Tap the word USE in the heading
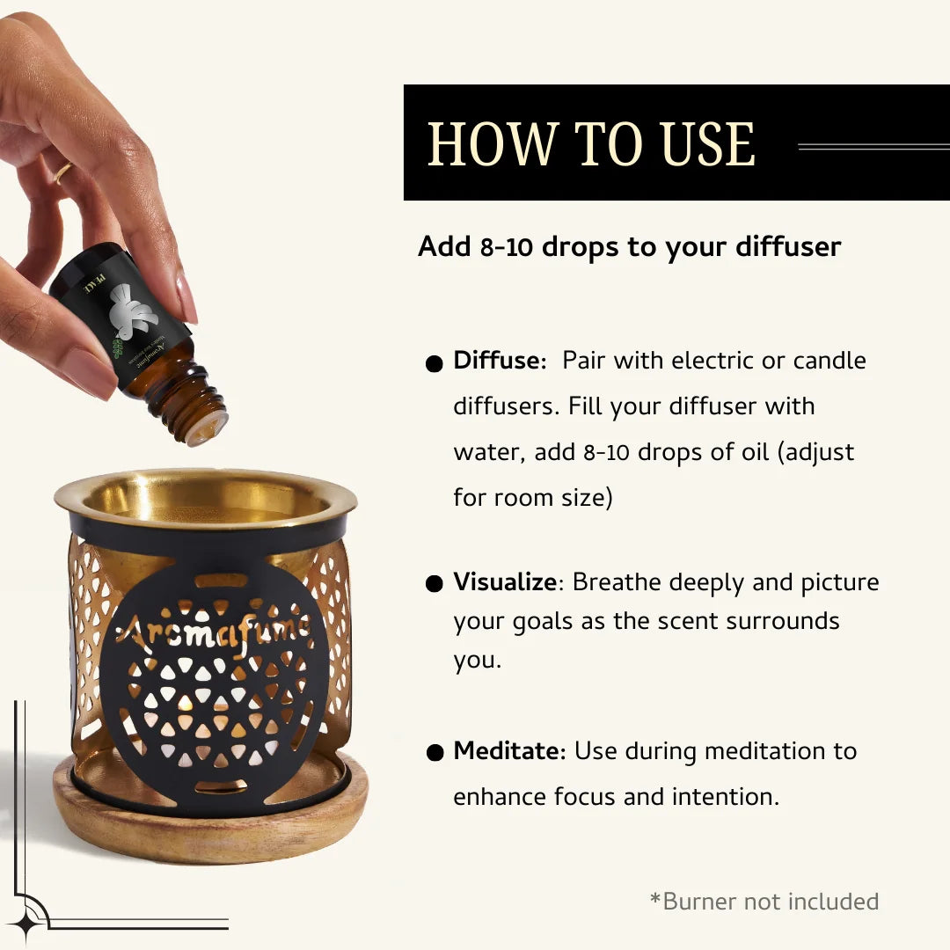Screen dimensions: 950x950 [708, 144]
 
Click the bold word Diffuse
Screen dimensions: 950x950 [499, 361]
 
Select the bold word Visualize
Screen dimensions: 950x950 [505, 582]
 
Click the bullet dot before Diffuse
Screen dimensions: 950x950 [434, 363]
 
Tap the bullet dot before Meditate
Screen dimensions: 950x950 [434, 753]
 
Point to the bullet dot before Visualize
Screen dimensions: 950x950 [434, 584]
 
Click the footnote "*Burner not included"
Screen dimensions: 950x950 [764, 902]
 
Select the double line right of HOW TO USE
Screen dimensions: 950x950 [873, 147]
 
